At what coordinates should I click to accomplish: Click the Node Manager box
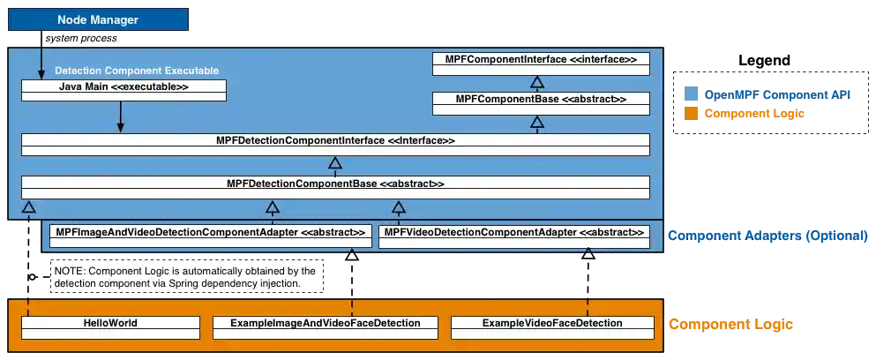pos(97,19)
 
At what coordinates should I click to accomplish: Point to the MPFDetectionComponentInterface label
pos(335,140)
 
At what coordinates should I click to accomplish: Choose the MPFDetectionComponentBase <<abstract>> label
pos(335,184)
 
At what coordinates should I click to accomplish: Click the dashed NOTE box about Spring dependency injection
pos(187,275)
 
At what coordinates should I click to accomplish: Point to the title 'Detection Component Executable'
pos(137,70)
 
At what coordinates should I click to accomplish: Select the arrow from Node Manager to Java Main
pos(41,62)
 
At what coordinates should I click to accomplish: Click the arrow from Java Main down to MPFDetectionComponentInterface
pos(121,116)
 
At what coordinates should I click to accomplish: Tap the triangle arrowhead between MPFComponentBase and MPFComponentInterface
pos(535,82)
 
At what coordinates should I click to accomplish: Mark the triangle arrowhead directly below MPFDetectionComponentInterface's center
pos(334,162)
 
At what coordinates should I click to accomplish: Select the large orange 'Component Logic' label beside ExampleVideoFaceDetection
pos(732,325)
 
